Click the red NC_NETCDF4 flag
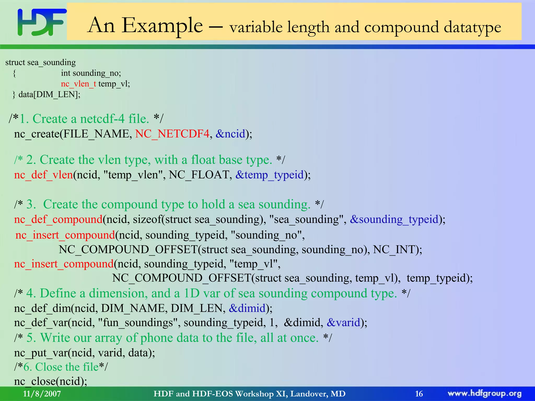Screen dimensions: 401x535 172,134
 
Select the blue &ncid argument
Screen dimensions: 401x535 231,134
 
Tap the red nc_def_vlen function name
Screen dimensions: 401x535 43,175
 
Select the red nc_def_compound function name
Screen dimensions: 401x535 58,219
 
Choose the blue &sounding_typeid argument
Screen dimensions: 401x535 394,219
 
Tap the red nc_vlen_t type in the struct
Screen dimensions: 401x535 78,84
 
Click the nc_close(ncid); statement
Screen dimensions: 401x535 50,381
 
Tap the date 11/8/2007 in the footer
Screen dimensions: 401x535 42,394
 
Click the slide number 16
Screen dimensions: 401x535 419,394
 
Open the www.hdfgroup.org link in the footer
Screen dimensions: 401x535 484,394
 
